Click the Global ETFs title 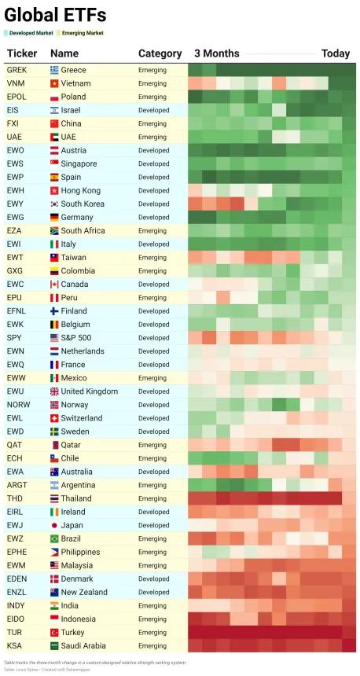click(x=55, y=16)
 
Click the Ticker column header click(x=22, y=53)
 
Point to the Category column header click(x=160, y=53)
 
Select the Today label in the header click(x=336, y=53)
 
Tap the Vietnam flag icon click(x=54, y=83)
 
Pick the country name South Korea click(x=83, y=204)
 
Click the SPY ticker click(x=13, y=337)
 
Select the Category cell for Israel click(x=153, y=110)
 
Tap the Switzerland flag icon click(x=54, y=418)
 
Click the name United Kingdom click(x=90, y=391)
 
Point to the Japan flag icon click(x=54, y=525)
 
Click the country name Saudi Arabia click(x=84, y=646)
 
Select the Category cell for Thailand click(x=152, y=498)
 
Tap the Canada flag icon click(x=54, y=284)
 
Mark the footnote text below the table click(x=95, y=662)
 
